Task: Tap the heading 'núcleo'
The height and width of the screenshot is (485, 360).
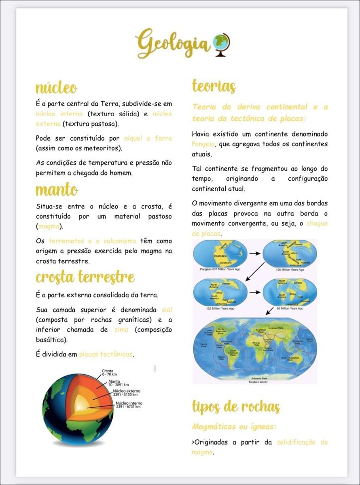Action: (56, 87)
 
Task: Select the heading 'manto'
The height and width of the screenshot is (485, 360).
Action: (57, 189)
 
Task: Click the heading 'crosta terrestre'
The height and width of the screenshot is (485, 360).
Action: (85, 277)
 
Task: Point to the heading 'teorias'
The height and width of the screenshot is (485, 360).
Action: (214, 86)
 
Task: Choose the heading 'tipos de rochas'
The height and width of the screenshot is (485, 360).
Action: (236, 407)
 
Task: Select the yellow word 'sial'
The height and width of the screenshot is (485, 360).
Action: (167, 310)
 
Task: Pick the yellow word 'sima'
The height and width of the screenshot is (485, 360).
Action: (121, 329)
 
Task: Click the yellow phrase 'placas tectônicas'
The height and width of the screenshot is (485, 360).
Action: (106, 354)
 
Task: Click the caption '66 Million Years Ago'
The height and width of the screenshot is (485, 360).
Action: (290, 308)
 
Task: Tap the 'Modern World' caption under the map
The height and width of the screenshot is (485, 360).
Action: (258, 382)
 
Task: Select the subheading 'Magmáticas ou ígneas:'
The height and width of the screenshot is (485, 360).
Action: (235, 426)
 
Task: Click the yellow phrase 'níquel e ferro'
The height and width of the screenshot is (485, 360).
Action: (148, 138)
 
